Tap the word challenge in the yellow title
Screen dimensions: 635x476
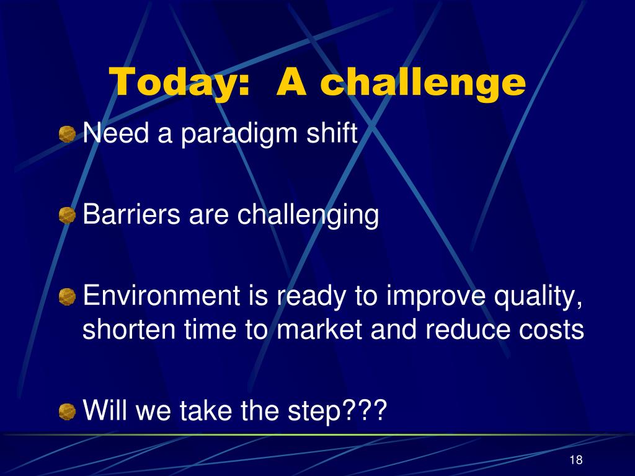(423, 82)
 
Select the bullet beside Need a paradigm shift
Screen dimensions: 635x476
(67, 134)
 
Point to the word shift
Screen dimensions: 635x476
(332, 132)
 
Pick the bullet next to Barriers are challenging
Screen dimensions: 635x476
(67, 215)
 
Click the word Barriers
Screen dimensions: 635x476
(131, 214)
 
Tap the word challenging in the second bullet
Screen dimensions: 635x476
(308, 215)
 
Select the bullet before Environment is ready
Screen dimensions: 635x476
(67, 297)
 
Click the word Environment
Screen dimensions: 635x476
(162, 295)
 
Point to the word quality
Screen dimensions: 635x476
(539, 297)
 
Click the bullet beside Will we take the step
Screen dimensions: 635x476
(67, 412)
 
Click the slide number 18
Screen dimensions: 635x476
(576, 460)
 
